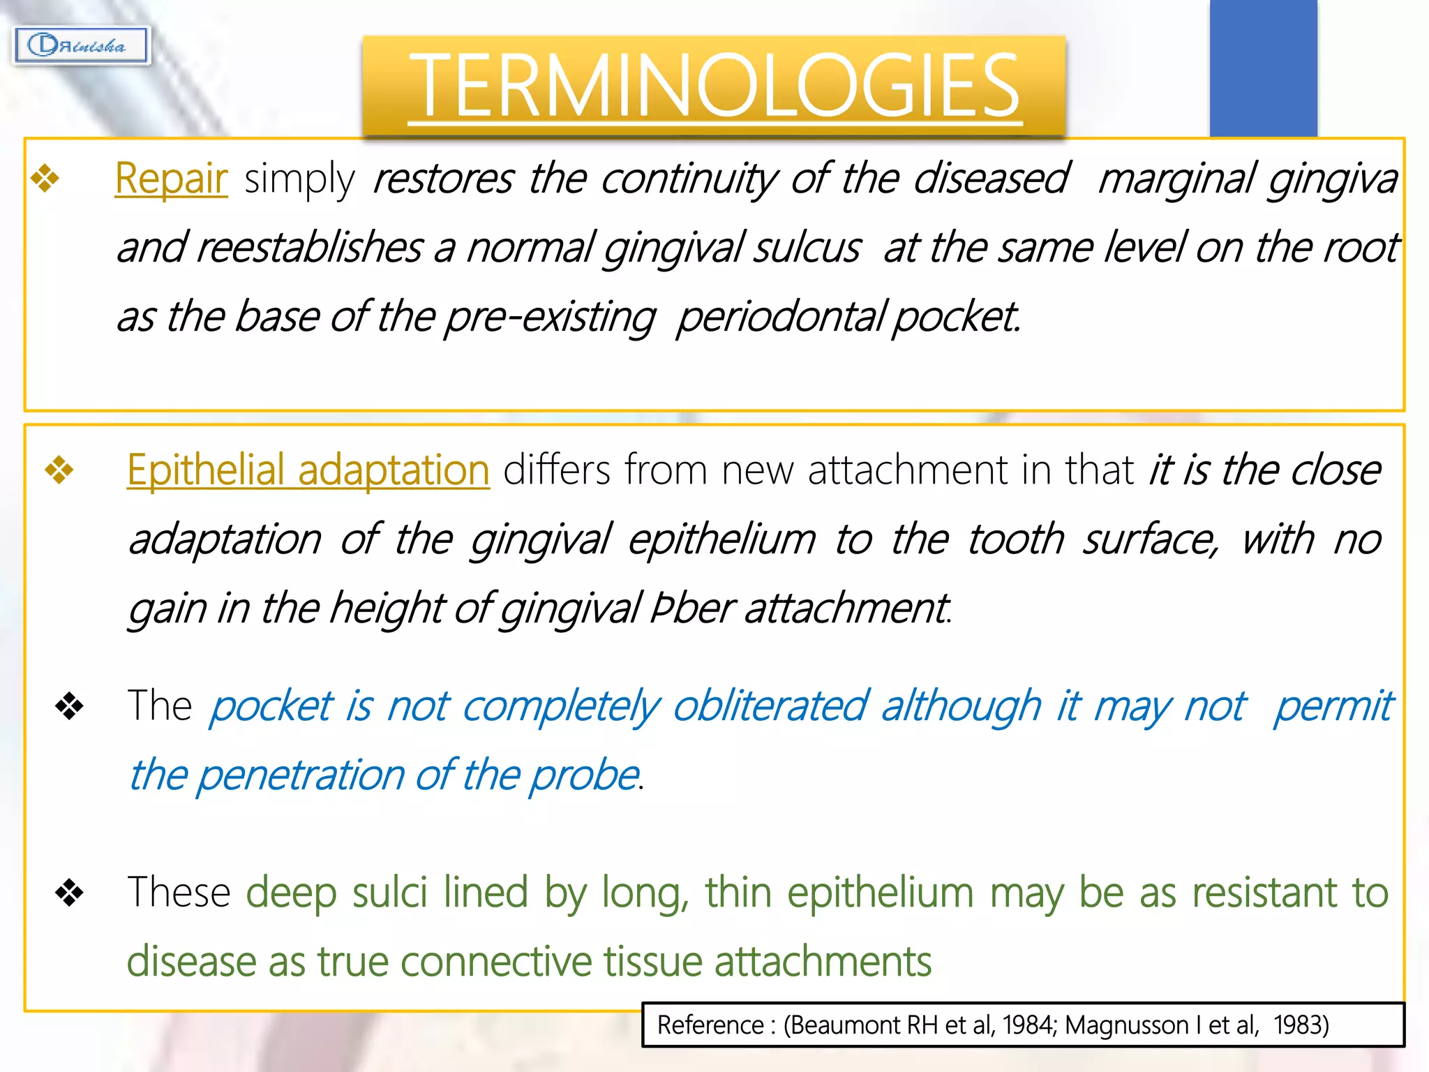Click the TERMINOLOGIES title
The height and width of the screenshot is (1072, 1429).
714,86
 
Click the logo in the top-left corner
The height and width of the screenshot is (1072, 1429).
81,46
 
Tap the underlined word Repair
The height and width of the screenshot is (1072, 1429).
171,179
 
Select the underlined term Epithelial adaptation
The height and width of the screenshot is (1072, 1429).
308,470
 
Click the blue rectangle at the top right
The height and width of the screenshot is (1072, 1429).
1263,68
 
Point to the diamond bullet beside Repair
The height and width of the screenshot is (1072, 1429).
46,178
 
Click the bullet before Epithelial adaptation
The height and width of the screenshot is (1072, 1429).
59,470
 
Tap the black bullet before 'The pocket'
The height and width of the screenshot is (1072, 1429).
69,706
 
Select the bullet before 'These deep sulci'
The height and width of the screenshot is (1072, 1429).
69,892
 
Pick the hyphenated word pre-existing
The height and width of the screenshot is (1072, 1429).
550,318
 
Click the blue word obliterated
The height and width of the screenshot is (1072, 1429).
770,706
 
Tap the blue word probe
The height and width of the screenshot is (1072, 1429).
584,775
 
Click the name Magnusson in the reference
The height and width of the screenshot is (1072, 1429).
1126,1025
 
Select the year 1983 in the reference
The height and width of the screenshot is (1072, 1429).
1300,1025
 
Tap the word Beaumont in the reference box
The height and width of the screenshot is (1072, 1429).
844,1025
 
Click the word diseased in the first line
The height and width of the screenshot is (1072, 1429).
991,179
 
